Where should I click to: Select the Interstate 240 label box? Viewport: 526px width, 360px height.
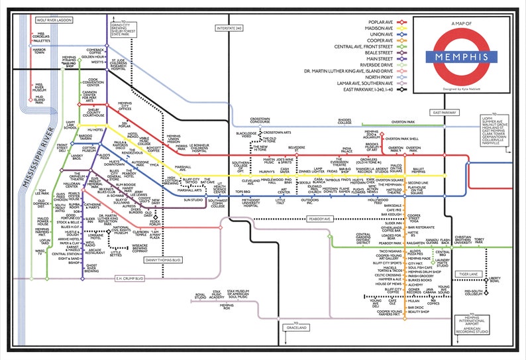point(230,28)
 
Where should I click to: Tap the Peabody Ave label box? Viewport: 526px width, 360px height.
point(319,217)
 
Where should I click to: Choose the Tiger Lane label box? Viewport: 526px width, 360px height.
point(469,273)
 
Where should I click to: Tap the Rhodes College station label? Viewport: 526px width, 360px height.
point(362,121)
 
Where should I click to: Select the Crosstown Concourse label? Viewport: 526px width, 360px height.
point(264,120)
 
